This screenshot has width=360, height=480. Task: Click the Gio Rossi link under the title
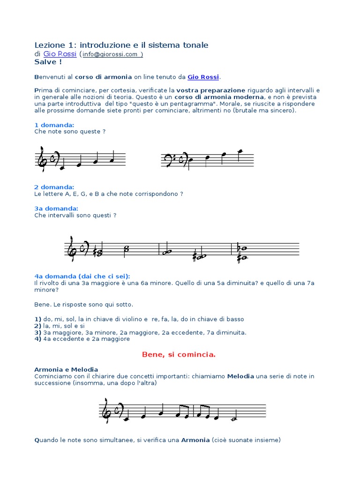click(x=60, y=54)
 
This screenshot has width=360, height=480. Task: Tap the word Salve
click(x=45, y=62)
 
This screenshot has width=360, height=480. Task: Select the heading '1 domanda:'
click(x=54, y=125)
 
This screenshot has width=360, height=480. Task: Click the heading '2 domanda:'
click(x=54, y=187)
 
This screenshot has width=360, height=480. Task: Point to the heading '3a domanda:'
click(x=56, y=208)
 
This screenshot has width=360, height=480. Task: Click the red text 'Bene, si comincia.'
click(x=179, y=354)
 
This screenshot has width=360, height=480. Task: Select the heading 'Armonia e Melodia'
click(x=66, y=369)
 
